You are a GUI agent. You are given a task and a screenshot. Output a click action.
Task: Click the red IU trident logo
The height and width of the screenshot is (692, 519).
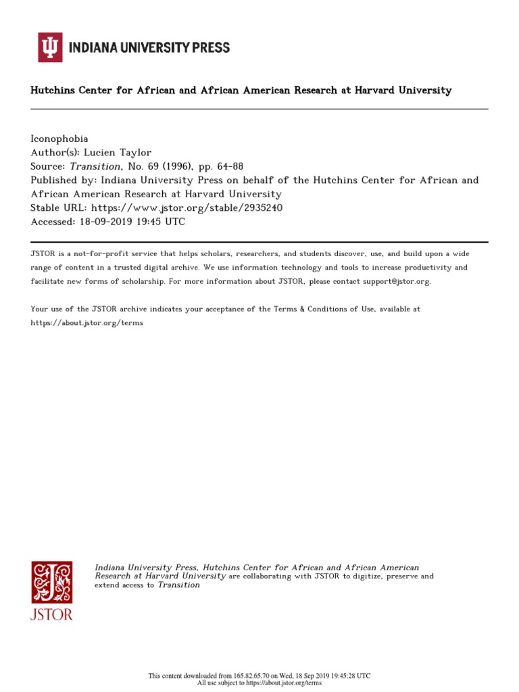50,47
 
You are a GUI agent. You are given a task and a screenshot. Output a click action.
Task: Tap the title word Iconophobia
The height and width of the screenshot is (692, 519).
59,139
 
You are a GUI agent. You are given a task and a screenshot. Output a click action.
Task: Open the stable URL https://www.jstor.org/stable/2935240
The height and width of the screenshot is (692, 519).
187,208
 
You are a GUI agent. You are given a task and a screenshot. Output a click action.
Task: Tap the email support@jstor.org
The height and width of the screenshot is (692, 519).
382,281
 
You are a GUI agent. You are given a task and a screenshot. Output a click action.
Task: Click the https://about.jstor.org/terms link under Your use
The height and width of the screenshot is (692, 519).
87,323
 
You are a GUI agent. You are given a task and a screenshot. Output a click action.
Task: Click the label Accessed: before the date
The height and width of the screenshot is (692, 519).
54,222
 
